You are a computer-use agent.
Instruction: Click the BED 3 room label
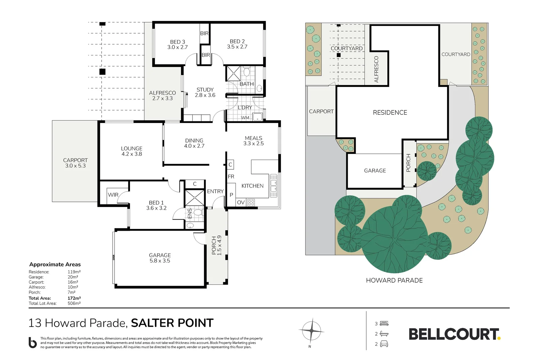click(177, 44)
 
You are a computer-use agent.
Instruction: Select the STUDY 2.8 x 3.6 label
click(205, 92)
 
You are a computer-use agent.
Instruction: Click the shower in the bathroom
click(233, 73)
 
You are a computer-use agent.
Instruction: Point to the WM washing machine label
click(245, 118)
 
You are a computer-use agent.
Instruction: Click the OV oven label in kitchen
click(241, 202)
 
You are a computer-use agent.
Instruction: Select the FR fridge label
click(231, 177)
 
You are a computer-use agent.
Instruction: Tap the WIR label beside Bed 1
click(113, 195)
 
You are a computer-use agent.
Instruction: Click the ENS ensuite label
click(190, 213)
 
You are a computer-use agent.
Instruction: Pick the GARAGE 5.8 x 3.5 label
click(160, 258)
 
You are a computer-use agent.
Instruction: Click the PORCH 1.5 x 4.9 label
click(217, 245)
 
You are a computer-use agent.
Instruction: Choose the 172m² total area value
click(74, 298)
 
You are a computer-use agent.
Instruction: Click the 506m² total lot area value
click(74, 303)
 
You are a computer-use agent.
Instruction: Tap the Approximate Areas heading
click(55, 264)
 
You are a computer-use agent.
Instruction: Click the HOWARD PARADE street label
click(394, 280)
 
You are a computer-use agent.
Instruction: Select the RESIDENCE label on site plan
click(390, 113)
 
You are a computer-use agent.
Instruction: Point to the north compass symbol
click(311, 331)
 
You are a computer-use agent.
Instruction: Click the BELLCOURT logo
click(454, 334)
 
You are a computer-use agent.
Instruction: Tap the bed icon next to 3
click(384, 323)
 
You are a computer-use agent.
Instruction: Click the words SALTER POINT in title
click(172, 323)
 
